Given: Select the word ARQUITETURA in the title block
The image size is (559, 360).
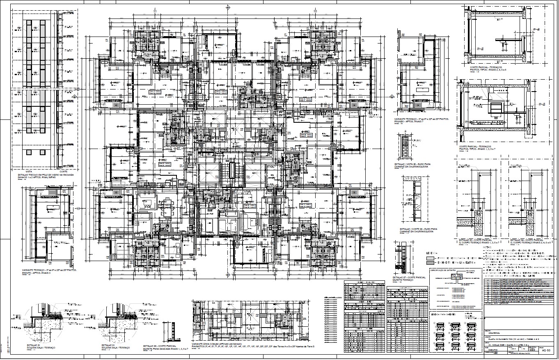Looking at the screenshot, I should [497, 334].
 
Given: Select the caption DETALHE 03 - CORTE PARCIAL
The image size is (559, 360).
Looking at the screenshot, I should [475, 240].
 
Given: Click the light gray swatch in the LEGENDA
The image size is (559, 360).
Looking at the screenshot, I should [430, 258].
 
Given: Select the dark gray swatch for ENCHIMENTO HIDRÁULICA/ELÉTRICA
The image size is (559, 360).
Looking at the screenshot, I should [430, 263].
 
